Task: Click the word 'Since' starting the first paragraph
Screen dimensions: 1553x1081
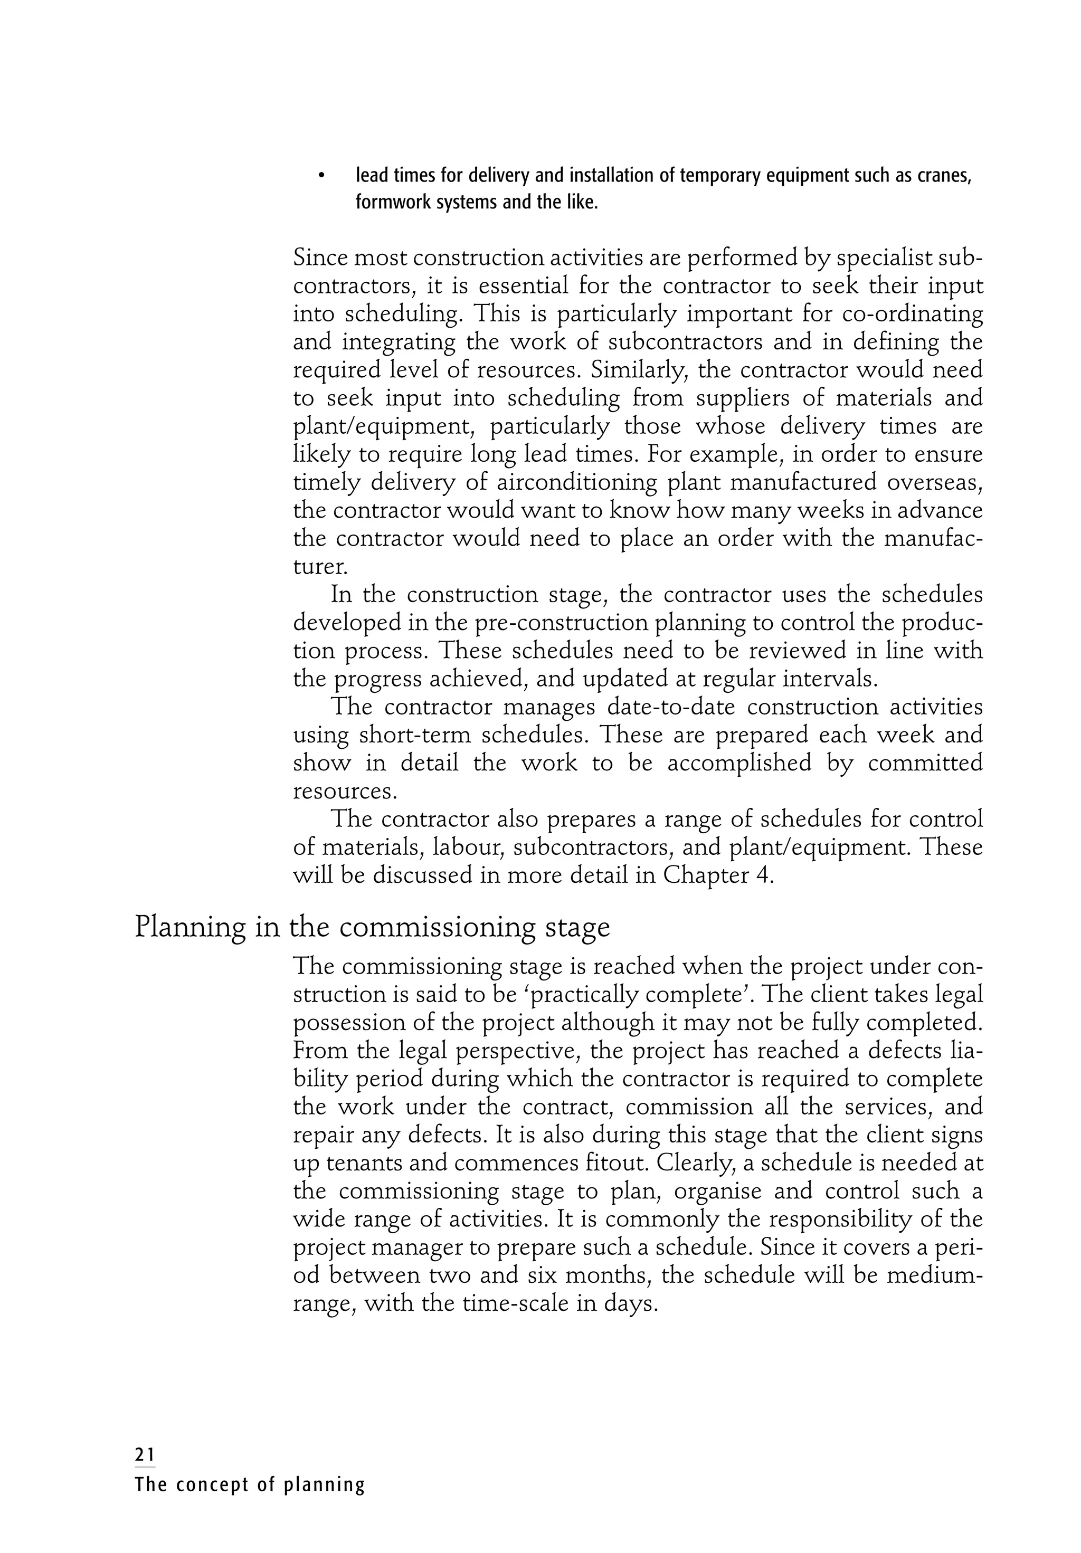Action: tap(320, 259)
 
